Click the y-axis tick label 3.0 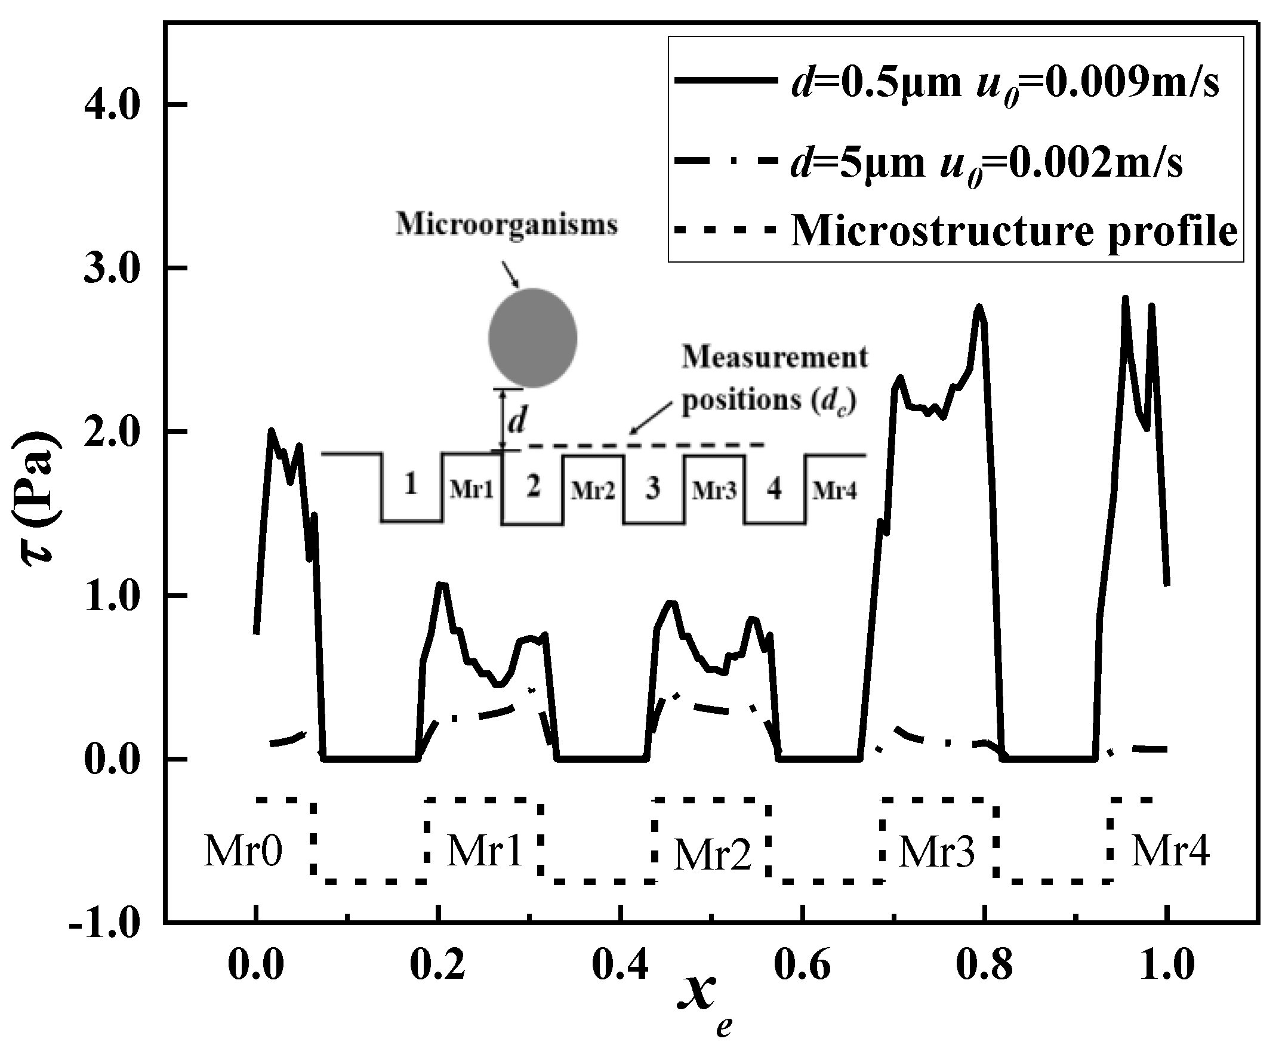coord(112,268)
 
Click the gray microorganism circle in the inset coord(532,338)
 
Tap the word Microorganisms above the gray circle coord(507,225)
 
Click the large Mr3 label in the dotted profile coord(937,852)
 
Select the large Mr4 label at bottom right coord(1170,850)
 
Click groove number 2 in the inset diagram coord(532,487)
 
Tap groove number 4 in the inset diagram coord(774,488)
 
